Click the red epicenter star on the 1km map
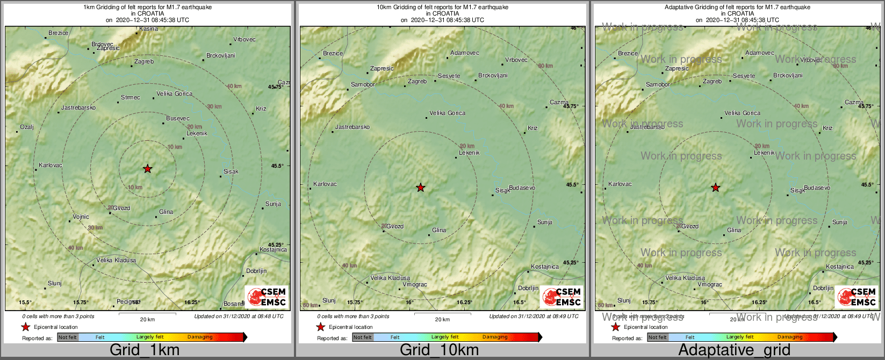pos(148,169)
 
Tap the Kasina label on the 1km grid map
pos(148,29)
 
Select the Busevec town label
pos(177,118)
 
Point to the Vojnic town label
pos(81,217)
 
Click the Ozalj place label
pos(27,127)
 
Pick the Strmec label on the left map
pos(131,97)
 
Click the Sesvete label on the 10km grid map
pos(449,76)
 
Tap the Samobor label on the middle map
pos(363,84)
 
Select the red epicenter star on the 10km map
pos(421,188)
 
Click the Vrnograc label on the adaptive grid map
pos(710,284)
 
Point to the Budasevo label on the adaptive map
pos(817,188)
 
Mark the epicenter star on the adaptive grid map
pos(716,188)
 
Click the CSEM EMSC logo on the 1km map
pos(267,297)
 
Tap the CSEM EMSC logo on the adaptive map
pos(857,297)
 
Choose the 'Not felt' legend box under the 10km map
pos(363,337)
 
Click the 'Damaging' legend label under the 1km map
pos(200,337)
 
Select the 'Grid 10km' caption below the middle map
pos(439,350)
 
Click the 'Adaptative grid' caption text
pos(734,350)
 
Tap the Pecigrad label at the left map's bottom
pos(128,301)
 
